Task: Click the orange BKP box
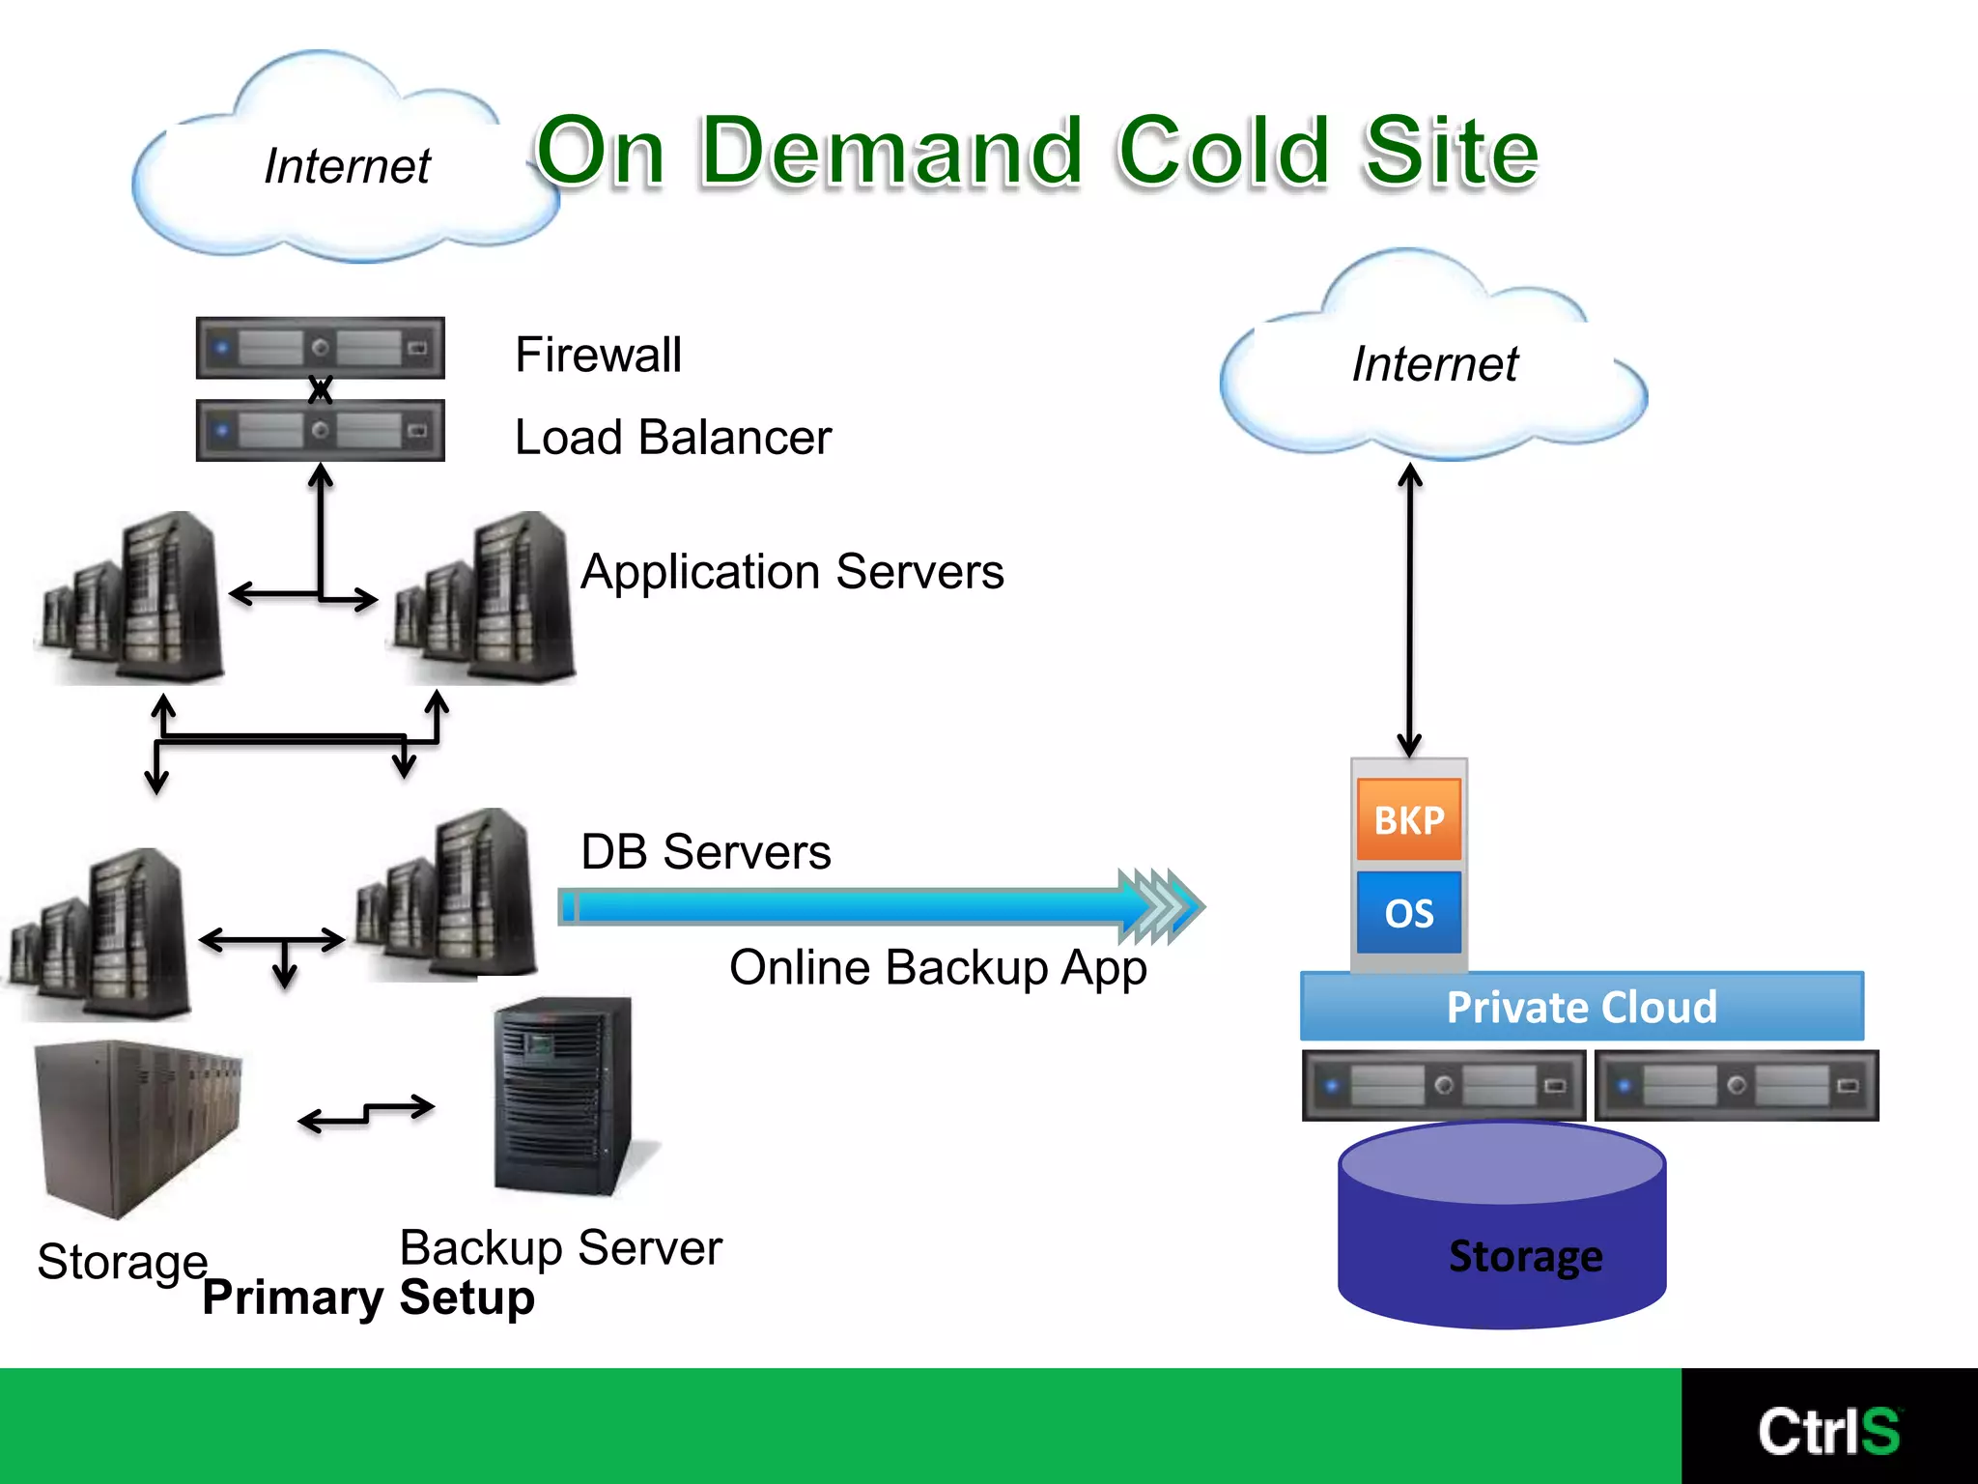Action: click(1408, 819)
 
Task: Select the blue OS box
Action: click(1408, 912)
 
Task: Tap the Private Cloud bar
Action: click(1581, 1007)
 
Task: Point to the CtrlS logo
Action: click(1828, 1430)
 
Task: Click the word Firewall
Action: click(598, 355)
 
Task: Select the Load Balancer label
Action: click(672, 438)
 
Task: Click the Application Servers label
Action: click(792, 572)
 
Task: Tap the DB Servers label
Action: click(705, 852)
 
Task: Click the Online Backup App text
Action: click(938, 968)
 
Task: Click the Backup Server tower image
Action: click(565, 1097)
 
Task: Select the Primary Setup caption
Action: click(368, 1298)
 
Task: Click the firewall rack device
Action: click(320, 347)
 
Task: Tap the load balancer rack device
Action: click(320, 430)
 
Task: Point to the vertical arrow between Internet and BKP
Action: click(1409, 609)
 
